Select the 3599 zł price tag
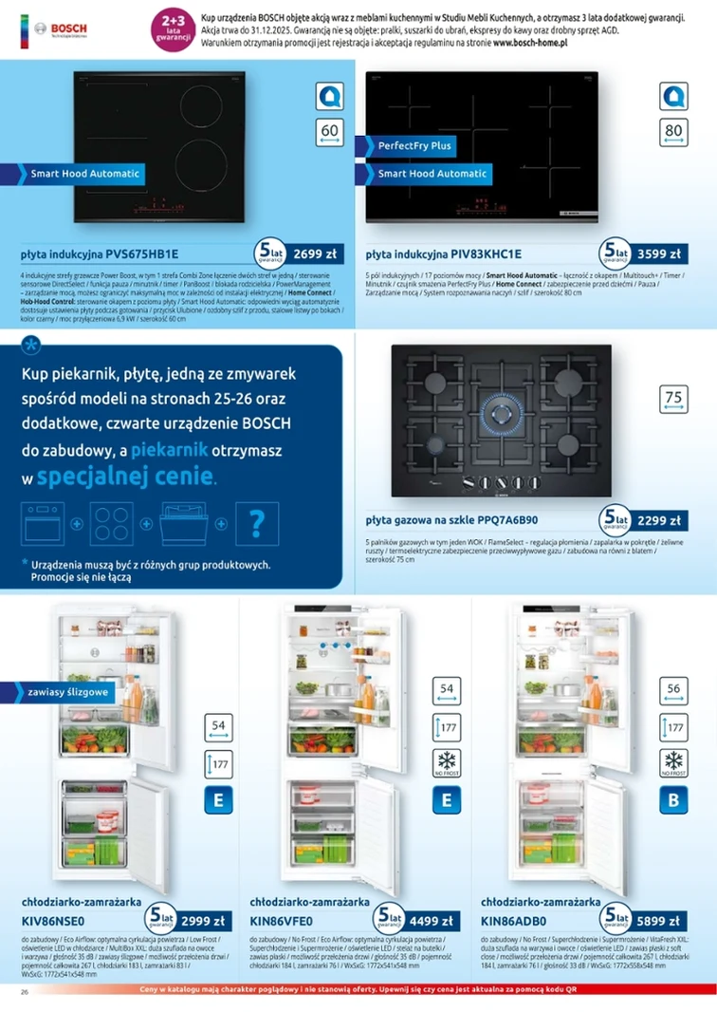(x=658, y=253)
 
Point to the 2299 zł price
(x=658, y=520)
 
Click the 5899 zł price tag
(x=658, y=920)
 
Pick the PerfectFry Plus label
(x=414, y=146)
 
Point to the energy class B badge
(x=673, y=800)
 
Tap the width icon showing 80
(x=673, y=134)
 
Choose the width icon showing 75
(x=673, y=401)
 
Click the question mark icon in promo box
(x=256, y=523)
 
